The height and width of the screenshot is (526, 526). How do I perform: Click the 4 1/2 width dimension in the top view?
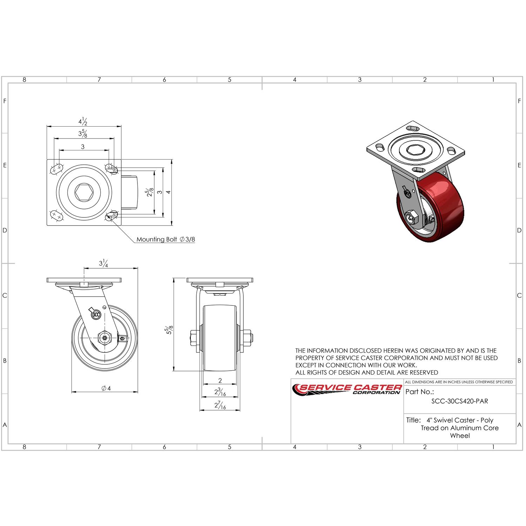[x=83, y=122]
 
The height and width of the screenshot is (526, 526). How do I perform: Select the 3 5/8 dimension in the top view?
[x=83, y=134]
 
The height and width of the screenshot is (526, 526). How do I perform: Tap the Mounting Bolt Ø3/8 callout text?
[x=165, y=240]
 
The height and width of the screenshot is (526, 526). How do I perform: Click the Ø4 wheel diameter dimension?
[x=106, y=388]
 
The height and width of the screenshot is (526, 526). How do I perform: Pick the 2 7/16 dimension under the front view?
[x=220, y=406]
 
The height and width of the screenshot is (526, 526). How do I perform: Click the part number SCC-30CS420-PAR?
[x=459, y=402]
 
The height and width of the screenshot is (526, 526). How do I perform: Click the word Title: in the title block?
[x=413, y=420]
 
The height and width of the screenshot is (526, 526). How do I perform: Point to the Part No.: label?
[x=419, y=392]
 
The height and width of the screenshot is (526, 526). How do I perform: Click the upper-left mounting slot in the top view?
[x=57, y=169]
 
